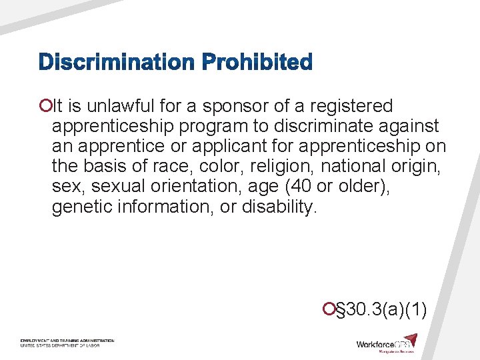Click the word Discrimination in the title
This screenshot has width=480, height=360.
click(x=117, y=63)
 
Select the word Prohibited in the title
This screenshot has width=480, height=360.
click(x=257, y=63)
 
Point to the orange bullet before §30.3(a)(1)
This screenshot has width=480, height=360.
click(x=327, y=309)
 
